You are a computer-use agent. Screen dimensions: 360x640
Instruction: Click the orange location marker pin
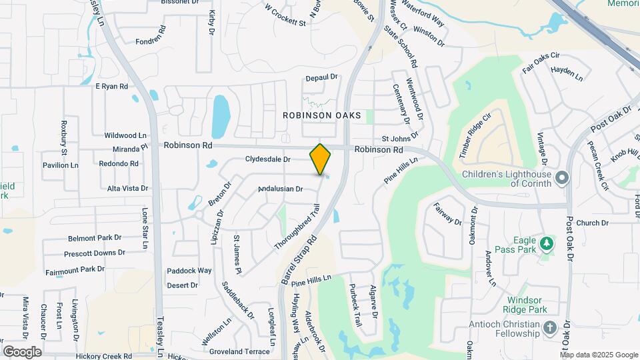321,159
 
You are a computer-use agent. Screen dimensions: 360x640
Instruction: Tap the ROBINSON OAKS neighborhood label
322,115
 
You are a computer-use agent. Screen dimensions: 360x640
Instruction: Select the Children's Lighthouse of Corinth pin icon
563,177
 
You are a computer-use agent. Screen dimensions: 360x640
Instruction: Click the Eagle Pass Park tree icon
546,243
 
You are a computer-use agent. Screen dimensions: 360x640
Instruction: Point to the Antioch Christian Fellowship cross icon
549,327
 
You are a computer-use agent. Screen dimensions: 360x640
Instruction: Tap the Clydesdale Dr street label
268,159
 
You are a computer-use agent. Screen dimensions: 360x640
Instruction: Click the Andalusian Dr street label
281,189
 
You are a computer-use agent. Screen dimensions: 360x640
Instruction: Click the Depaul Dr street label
322,78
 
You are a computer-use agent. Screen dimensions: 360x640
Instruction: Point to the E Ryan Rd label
111,86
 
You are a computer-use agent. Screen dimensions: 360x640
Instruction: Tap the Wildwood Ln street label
125,135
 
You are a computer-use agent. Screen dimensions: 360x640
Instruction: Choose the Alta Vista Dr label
128,189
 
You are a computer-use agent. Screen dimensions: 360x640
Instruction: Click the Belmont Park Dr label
95,237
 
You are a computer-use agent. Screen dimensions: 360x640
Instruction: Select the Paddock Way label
189,271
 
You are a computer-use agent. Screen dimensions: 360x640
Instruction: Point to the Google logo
22,351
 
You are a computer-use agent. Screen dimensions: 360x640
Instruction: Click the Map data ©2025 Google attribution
599,354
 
